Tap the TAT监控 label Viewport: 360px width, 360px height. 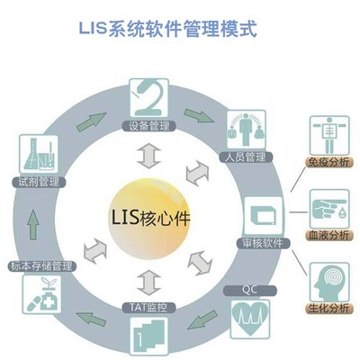click(148, 307)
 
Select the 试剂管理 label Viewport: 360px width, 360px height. click(37, 181)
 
